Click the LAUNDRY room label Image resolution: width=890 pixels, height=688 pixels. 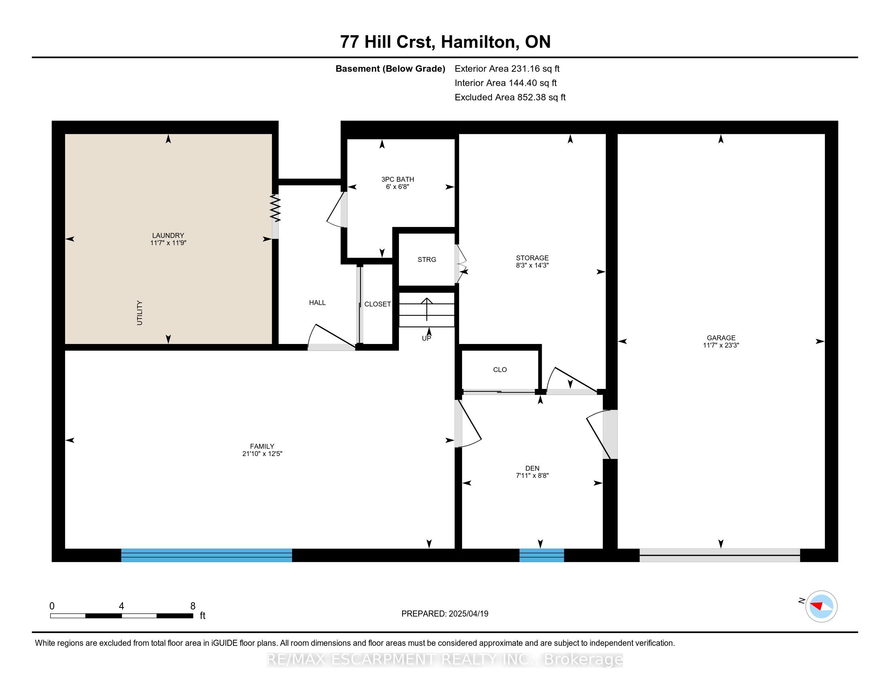[x=168, y=235]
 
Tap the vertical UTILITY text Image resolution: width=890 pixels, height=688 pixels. [x=140, y=312]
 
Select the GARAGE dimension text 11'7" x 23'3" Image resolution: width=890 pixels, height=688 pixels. [x=721, y=345]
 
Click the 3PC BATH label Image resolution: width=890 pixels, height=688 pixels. [x=397, y=179]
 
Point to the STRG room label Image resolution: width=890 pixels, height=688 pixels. [x=427, y=260]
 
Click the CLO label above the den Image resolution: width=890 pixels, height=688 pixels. [x=500, y=369]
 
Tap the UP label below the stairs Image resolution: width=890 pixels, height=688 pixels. [x=426, y=338]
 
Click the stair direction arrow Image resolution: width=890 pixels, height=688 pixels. [x=427, y=310]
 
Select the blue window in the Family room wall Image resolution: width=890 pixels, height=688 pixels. [x=207, y=555]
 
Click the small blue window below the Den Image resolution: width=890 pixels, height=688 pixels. [x=542, y=555]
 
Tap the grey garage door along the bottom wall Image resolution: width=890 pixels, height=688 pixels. [x=719, y=555]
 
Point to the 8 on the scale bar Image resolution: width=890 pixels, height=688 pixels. [x=193, y=606]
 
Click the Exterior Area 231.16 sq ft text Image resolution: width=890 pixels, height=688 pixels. [x=507, y=69]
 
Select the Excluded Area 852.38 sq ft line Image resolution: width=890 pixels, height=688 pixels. [x=510, y=98]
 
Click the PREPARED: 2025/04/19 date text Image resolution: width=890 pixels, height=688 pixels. [x=445, y=614]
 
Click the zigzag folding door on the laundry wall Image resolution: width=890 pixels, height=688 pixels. [x=275, y=208]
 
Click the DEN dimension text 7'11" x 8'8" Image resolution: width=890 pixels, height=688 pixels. [x=532, y=475]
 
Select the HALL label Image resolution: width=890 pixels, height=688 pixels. [x=317, y=302]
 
